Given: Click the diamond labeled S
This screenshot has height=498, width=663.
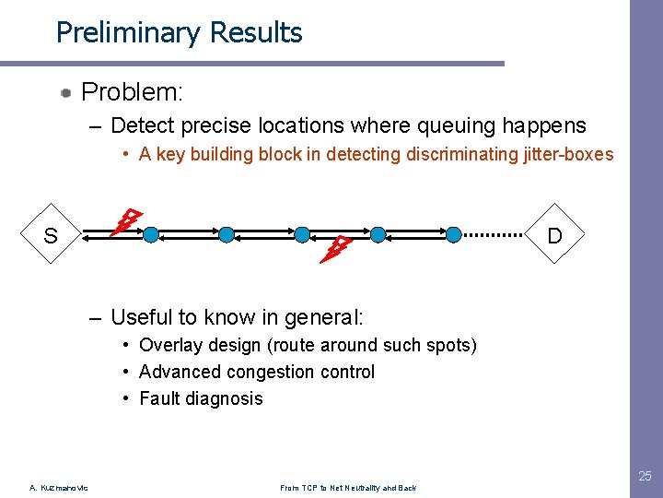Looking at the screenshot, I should click(51, 235).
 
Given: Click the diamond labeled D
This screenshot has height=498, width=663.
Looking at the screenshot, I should click(554, 235).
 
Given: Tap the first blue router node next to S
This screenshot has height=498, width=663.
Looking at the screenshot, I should click(151, 235).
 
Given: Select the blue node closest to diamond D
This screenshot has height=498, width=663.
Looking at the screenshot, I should click(453, 235).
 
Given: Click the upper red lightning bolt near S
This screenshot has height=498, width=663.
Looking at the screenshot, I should click(126, 222).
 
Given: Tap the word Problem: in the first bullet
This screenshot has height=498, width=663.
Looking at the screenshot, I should click(133, 92).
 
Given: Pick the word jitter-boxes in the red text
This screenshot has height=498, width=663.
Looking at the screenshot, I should click(566, 154).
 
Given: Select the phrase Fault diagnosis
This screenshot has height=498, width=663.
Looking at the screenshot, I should click(201, 398).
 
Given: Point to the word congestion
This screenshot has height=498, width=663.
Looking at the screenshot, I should click(263, 372).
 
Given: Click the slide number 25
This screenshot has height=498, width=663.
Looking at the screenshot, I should click(645, 476).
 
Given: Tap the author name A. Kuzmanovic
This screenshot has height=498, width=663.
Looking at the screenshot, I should click(58, 488).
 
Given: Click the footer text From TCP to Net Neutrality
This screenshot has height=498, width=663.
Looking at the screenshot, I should click(347, 488).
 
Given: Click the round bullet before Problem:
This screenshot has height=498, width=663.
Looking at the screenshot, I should click(67, 93).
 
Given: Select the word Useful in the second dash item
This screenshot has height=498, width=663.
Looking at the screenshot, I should click(141, 318).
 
